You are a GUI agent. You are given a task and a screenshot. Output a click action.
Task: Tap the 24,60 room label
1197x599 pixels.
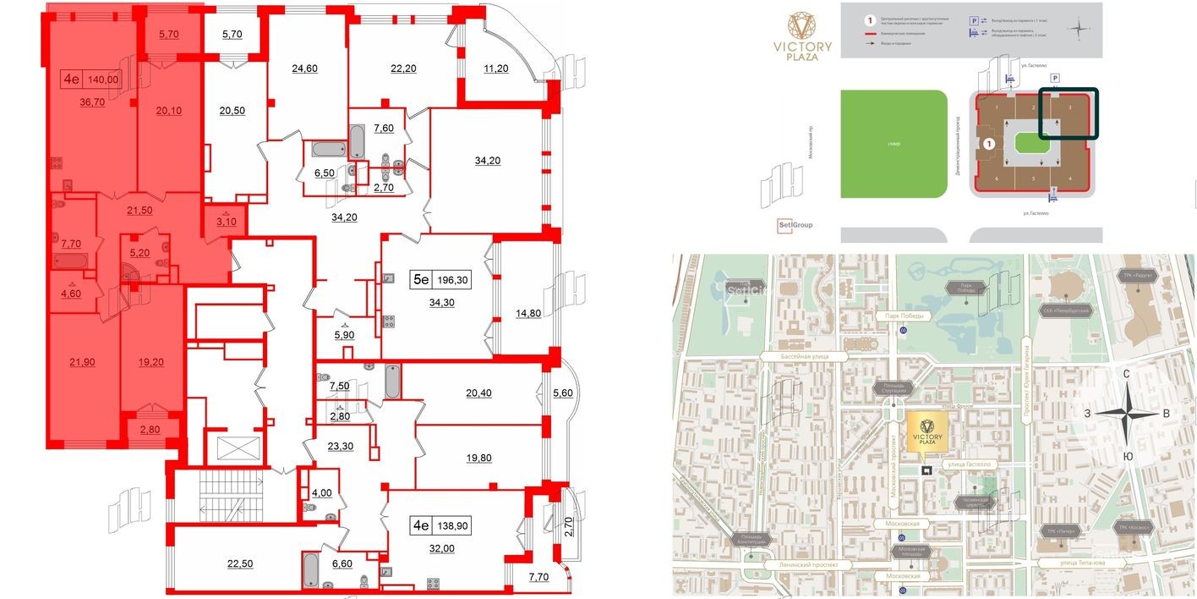pyautogui.click(x=303, y=69)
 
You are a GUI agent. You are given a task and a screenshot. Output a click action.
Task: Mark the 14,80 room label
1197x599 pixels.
pyautogui.click(x=527, y=313)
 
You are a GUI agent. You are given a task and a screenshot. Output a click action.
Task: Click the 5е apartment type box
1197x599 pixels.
pyautogui.click(x=421, y=278)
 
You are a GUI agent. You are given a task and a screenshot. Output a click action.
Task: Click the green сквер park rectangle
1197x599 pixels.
pyautogui.click(x=894, y=144)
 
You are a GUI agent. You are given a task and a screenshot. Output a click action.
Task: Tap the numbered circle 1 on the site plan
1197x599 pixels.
pyautogui.click(x=988, y=146)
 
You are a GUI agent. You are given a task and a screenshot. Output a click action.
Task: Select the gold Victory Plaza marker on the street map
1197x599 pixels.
pyautogui.click(x=927, y=432)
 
